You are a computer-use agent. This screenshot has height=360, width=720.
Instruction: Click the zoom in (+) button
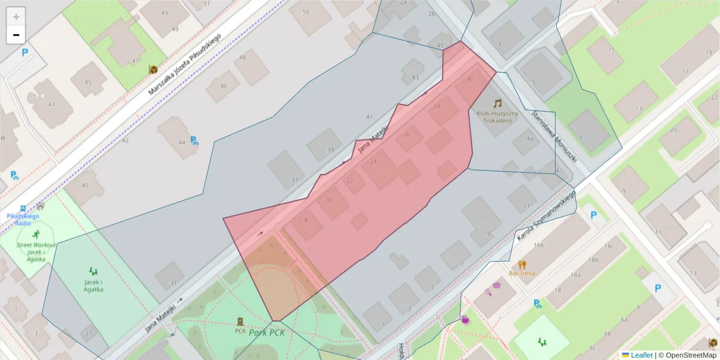tap(16, 17)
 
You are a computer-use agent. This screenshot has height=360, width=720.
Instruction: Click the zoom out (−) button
tap(16, 35)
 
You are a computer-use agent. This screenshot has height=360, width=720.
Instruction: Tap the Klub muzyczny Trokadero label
tap(497, 116)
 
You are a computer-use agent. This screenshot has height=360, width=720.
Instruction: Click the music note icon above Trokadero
tap(497, 103)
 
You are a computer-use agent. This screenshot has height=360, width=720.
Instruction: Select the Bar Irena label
tap(522, 274)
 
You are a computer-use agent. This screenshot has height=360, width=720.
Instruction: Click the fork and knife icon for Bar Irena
tap(522, 263)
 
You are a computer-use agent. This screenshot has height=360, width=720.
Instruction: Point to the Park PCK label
tap(266, 333)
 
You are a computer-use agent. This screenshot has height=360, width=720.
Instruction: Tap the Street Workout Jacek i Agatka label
tap(36, 252)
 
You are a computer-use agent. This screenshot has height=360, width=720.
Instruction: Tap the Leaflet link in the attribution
tap(641, 355)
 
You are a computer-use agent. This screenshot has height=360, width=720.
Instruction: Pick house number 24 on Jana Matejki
tap(373, 161)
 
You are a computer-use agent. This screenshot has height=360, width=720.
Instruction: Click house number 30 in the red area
tap(469, 79)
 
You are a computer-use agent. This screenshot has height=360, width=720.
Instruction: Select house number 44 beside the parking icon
tap(181, 142)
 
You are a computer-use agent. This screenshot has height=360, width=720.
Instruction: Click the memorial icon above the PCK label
tap(241, 321)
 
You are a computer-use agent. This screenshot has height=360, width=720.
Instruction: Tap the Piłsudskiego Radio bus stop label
tap(23, 219)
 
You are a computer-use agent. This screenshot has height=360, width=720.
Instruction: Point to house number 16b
tap(539, 245)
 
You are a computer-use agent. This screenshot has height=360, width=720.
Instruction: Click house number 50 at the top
tap(306, 11)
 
